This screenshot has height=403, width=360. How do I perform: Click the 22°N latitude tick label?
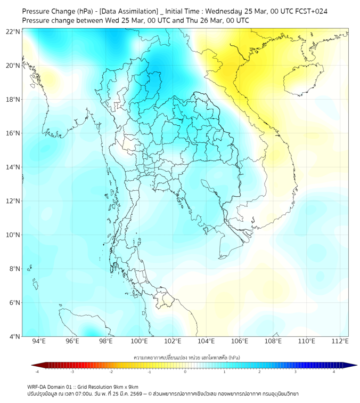coord(13,31)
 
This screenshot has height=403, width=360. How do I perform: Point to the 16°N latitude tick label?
coord(13,133)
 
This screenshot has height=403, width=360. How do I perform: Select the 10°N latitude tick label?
coord(13,235)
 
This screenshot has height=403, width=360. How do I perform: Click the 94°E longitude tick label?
coord(39,341)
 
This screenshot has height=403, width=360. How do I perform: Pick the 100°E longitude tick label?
coord(140,341)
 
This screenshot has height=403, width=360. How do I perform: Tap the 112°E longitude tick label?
coord(340,341)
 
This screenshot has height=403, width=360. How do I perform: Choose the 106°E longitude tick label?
coord(240,341)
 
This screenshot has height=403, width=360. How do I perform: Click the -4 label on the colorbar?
coord(36,372)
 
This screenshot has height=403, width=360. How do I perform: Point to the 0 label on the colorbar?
coord(185,372)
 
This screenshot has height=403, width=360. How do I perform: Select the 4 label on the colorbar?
coord(334,372)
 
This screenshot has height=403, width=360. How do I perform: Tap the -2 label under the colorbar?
coord(111,372)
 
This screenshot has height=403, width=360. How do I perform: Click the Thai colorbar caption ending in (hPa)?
coord(186,357)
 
